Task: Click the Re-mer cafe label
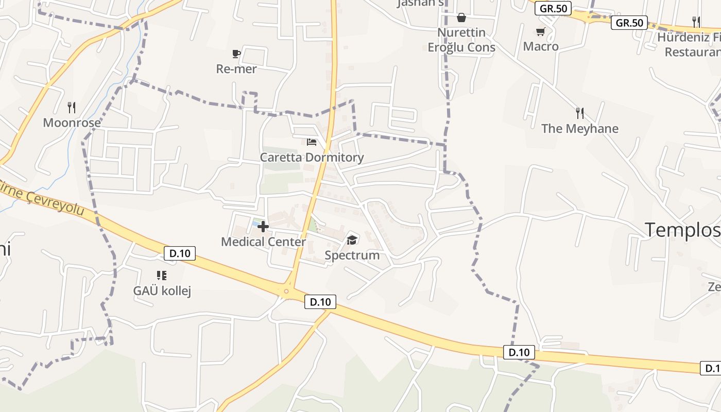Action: pyautogui.click(x=236, y=68)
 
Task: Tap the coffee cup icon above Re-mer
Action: pyautogui.click(x=236, y=54)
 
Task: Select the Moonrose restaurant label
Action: pyautogui.click(x=72, y=123)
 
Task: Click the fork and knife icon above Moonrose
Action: pyautogui.click(x=72, y=108)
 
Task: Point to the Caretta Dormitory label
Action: pyautogui.click(x=312, y=157)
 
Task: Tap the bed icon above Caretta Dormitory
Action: pyautogui.click(x=311, y=142)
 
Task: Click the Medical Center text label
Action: pyautogui.click(x=263, y=242)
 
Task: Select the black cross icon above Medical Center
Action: pyautogui.click(x=263, y=227)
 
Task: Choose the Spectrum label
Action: pyautogui.click(x=352, y=255)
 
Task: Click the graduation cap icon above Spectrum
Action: pyautogui.click(x=352, y=239)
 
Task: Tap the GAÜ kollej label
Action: pyautogui.click(x=162, y=290)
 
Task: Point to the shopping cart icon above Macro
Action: pyautogui.click(x=540, y=32)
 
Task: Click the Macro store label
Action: pyautogui.click(x=541, y=46)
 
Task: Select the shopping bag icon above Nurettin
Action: pyautogui.click(x=461, y=18)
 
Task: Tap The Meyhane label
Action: pyautogui.click(x=579, y=128)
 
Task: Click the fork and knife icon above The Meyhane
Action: pyautogui.click(x=580, y=113)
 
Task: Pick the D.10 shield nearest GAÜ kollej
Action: pyautogui.click(x=180, y=253)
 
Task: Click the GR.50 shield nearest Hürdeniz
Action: pyautogui.click(x=629, y=23)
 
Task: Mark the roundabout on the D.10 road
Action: pyautogui.click(x=286, y=291)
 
